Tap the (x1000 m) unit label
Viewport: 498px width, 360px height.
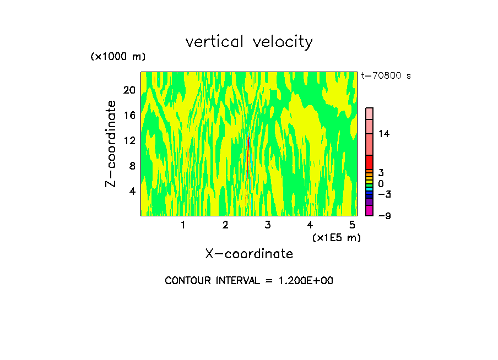pyautogui.click(x=117, y=57)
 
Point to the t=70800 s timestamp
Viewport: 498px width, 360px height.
pyautogui.click(x=386, y=76)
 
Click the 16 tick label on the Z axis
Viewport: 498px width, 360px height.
pyautogui.click(x=129, y=115)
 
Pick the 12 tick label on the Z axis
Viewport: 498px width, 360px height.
pyautogui.click(x=129, y=140)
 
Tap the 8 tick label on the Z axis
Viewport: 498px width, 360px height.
pyautogui.click(x=132, y=166)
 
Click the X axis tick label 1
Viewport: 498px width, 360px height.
pyautogui.click(x=183, y=225)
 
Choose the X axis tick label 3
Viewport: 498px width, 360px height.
pyautogui.click(x=267, y=225)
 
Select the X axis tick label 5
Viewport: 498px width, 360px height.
pyautogui.click(x=352, y=225)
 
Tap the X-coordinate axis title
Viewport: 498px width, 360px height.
pyautogui.click(x=249, y=254)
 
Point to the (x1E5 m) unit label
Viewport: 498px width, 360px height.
pyautogui.click(x=337, y=238)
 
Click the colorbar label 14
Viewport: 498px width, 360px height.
pyautogui.click(x=384, y=134)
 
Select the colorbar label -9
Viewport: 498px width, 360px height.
pyautogui.click(x=384, y=216)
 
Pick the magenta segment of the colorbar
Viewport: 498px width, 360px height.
pyautogui.click(x=370, y=211)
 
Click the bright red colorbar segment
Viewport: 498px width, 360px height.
pyautogui.click(x=370, y=162)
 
